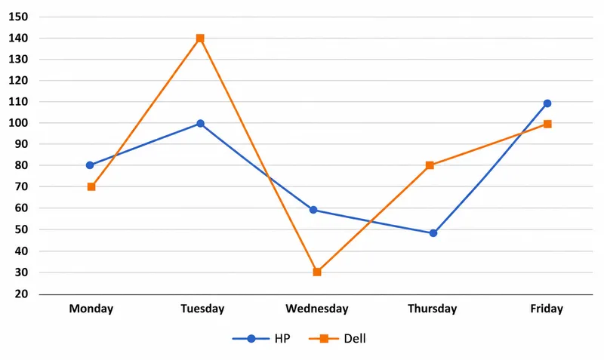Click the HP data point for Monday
[90, 165]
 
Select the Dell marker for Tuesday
[200, 38]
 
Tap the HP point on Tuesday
[200, 123]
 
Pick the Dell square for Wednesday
[317, 272]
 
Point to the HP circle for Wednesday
[313, 210]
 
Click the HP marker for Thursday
[433, 233]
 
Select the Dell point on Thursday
[430, 165]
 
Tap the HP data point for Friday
[547, 103]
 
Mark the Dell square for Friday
[547, 124]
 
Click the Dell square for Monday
[91, 186]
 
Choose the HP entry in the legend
[261, 338]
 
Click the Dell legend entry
[337, 338]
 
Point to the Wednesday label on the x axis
[316, 309]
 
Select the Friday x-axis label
[547, 309]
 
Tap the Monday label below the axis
[91, 309]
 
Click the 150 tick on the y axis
[18, 17]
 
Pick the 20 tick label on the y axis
[22, 294]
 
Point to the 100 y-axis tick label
[18, 123]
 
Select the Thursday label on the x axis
[432, 309]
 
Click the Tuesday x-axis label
[202, 309]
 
